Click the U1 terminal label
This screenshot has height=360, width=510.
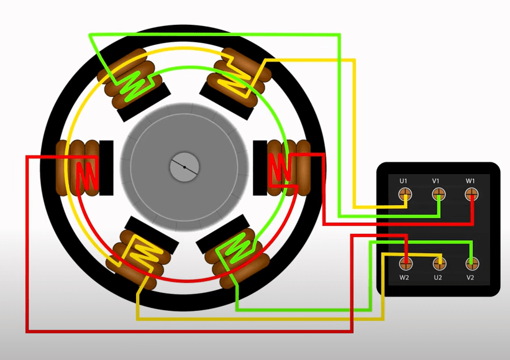point(403,181)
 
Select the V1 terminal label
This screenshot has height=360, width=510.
point(436,181)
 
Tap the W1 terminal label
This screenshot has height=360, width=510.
point(470,181)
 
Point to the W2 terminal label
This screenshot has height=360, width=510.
point(404,278)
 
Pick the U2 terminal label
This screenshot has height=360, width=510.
point(438,278)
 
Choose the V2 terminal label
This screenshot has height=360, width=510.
point(470,278)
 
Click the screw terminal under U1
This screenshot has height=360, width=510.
point(405,195)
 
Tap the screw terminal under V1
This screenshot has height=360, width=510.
point(439,195)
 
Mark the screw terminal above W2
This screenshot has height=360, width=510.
point(406,264)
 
